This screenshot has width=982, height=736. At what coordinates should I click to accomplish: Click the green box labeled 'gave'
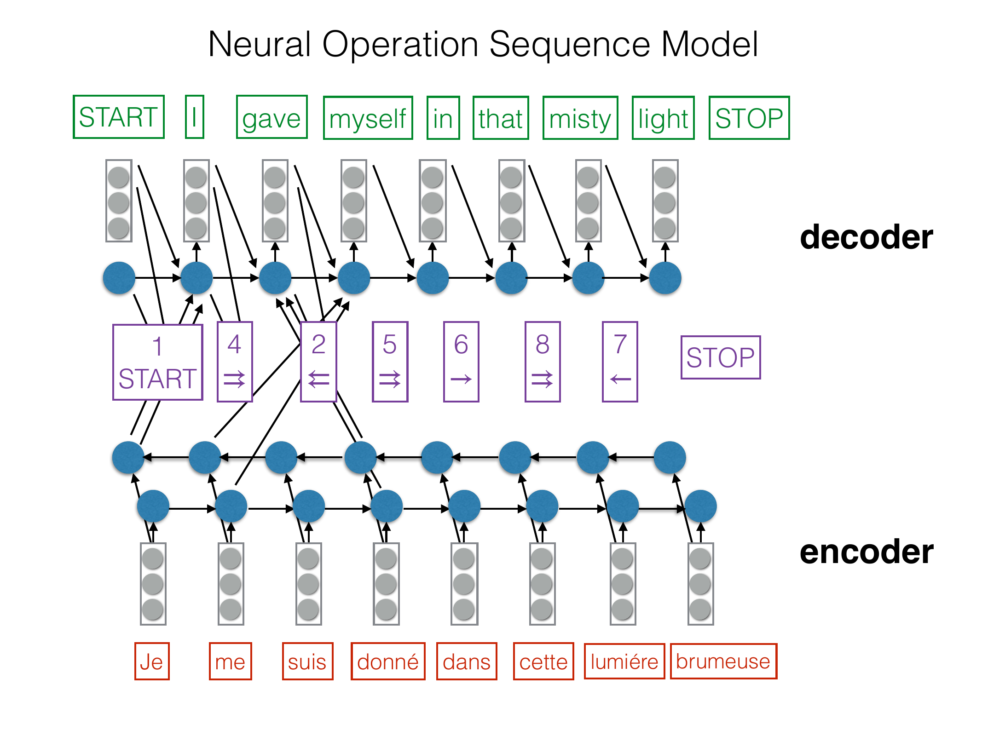[x=271, y=117]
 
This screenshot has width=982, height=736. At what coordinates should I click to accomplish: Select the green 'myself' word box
[x=368, y=118]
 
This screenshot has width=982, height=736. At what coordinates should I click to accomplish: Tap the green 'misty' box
[x=580, y=118]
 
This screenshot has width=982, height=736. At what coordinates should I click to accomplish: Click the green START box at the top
[x=119, y=117]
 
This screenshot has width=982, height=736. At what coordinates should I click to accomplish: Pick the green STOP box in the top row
[x=749, y=118]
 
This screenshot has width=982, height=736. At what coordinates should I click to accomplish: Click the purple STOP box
[x=720, y=357]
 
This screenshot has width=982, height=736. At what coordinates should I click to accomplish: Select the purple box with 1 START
[x=157, y=362]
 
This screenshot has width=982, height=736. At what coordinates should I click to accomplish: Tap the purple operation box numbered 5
[x=390, y=362]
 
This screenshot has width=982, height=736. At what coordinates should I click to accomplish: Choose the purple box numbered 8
[x=543, y=362]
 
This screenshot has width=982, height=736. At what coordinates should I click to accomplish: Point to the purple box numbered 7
[x=620, y=362]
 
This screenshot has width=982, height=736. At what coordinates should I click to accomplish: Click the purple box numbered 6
[x=461, y=362]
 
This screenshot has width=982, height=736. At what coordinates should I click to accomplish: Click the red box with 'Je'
[x=152, y=661]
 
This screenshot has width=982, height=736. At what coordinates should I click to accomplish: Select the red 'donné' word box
[x=387, y=661]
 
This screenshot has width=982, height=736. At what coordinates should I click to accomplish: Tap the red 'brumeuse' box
[x=723, y=661]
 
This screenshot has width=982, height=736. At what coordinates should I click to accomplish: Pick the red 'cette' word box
[x=543, y=661]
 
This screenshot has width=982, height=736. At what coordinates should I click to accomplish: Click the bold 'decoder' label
[x=866, y=237]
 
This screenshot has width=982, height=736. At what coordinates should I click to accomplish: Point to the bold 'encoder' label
[x=866, y=552]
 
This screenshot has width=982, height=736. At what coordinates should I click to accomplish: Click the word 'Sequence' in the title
[x=570, y=45]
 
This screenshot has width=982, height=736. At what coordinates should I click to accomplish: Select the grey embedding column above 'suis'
[x=308, y=584]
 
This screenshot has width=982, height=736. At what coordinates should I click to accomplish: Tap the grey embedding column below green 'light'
[x=665, y=201]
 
